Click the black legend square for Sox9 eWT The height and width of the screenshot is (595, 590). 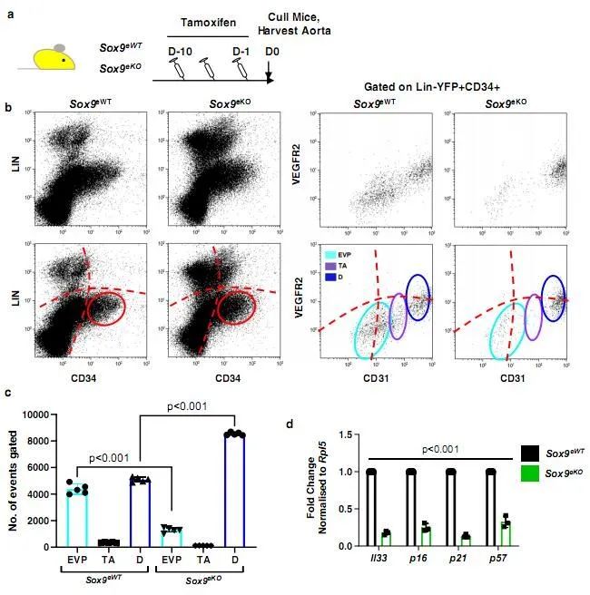[x=532, y=450]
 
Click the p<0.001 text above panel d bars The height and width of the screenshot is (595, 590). [x=436, y=447]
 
